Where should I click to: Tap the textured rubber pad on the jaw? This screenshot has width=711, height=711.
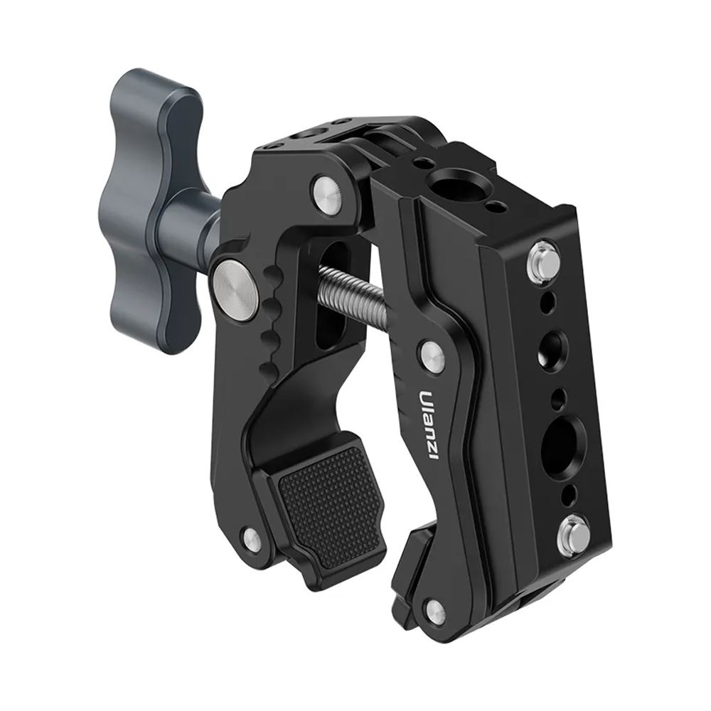332,502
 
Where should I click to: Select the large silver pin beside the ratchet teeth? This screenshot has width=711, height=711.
232,284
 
